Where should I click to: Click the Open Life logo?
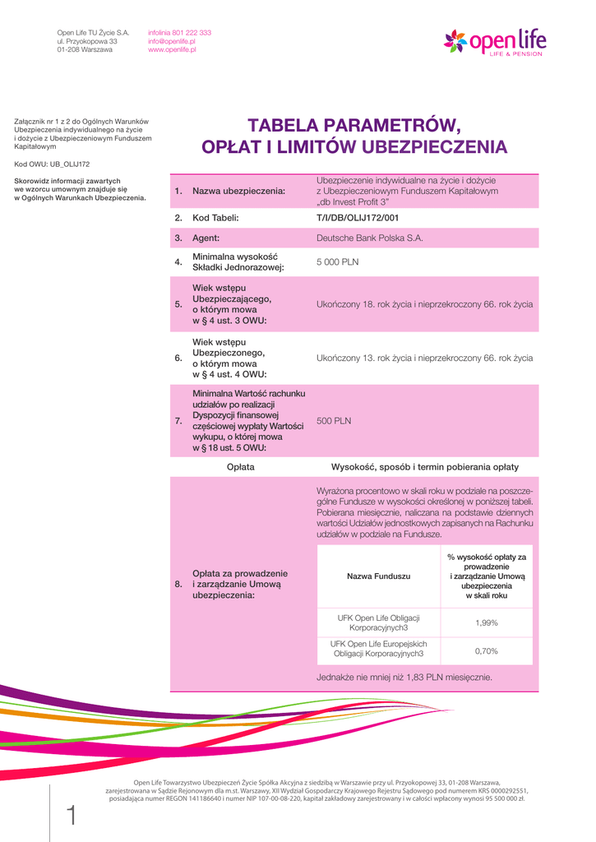coord(494,41)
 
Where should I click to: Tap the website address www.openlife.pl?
coord(172,49)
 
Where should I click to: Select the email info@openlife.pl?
coord(172,41)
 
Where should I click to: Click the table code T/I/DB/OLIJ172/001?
coord(358,218)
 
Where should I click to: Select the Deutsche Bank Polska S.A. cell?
coord(369,238)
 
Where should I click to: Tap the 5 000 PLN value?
coord(337,262)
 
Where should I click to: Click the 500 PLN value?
coord(334,420)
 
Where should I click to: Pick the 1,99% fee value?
coord(487,622)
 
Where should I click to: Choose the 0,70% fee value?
coord(487,651)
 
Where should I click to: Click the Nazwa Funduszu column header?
coord(378,576)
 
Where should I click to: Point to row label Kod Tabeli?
coord(215,218)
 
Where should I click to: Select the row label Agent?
coord(206,238)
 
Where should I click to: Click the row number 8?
coord(178,584)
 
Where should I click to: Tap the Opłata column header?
coord(240,467)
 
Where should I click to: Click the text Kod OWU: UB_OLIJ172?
coord(52,164)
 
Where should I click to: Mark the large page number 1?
coord(71,816)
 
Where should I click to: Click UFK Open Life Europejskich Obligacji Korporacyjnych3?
coord(378,649)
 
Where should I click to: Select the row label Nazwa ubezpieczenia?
coord(238,192)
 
